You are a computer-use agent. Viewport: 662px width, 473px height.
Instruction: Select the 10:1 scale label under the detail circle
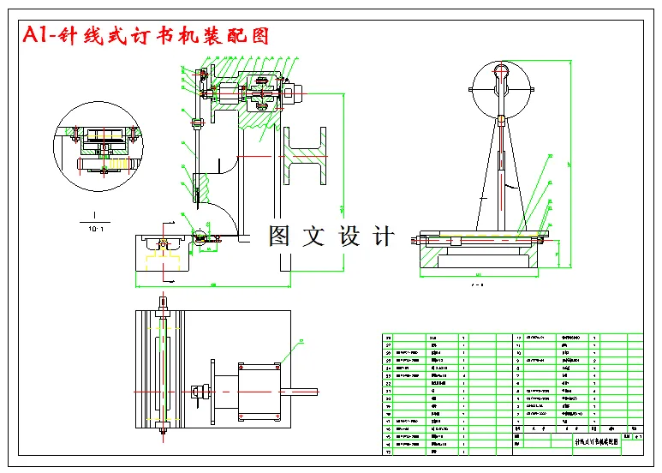(x=96, y=229)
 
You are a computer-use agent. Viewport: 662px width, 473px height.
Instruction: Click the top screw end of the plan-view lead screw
(x=163, y=302)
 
